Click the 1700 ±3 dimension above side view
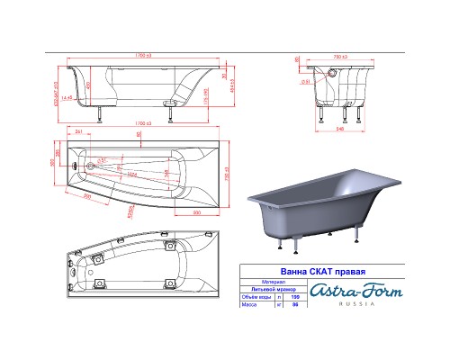click(x=139, y=56)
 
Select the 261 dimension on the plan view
click(x=80, y=133)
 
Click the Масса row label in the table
click(x=248, y=304)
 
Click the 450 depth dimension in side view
click(x=88, y=86)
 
